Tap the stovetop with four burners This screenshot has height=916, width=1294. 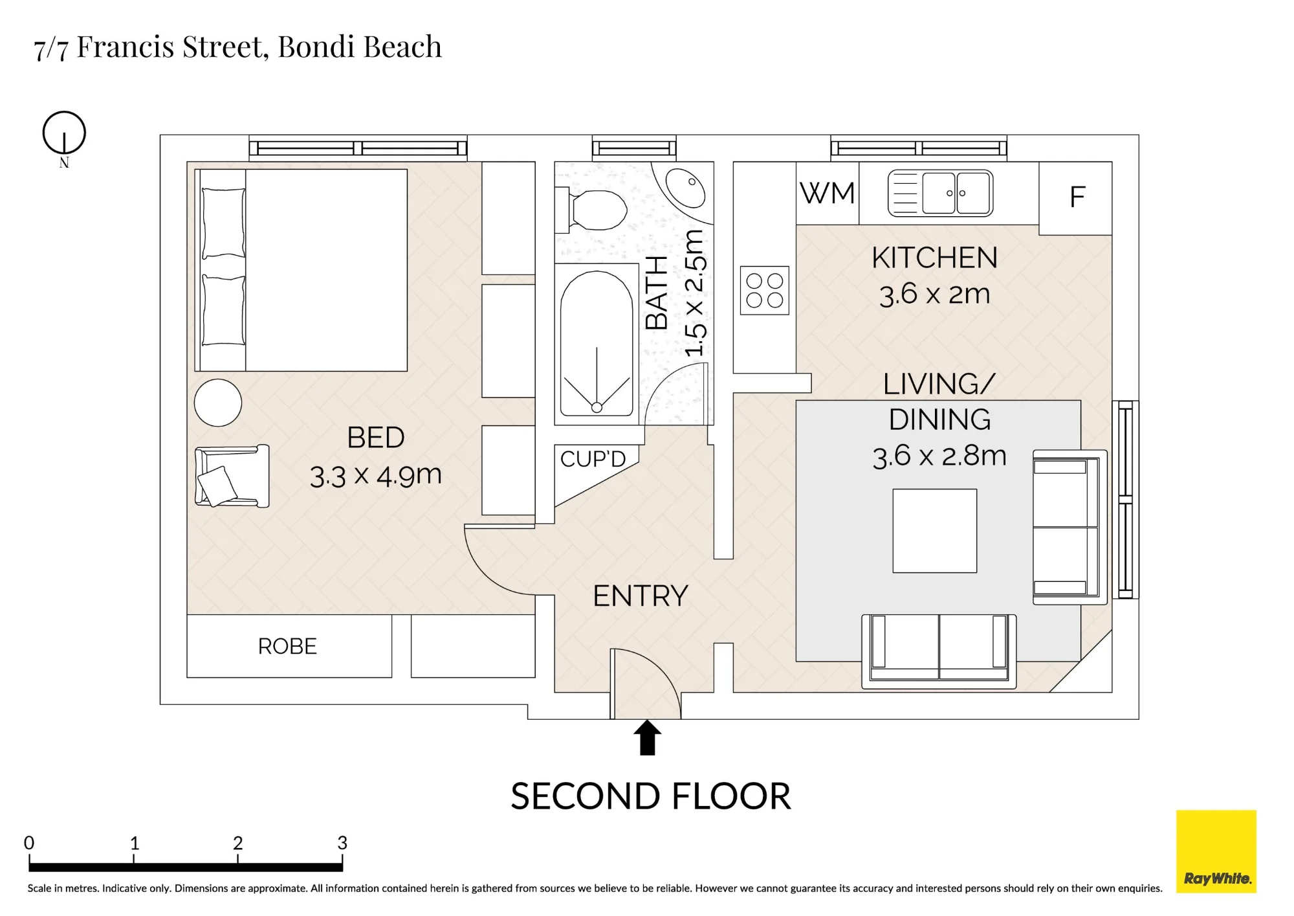[765, 291]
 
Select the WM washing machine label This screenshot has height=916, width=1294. [828, 194]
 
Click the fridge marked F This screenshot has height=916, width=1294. [1075, 198]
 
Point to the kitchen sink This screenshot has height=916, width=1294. [940, 193]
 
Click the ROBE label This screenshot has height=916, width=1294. [287, 646]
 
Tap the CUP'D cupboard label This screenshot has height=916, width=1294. [593, 459]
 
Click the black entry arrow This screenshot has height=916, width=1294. [647, 738]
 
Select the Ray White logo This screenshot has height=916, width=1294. [1216, 851]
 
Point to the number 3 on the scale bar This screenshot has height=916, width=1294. [342, 842]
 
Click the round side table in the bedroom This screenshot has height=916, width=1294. [218, 403]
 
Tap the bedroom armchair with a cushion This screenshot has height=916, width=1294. [232, 476]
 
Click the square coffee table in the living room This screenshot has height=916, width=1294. [935, 531]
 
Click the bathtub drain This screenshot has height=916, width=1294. [597, 407]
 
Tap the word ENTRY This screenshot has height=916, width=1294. [641, 596]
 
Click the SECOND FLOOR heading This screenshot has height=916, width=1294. [651, 796]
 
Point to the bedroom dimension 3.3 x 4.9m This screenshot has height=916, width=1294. [375, 476]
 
